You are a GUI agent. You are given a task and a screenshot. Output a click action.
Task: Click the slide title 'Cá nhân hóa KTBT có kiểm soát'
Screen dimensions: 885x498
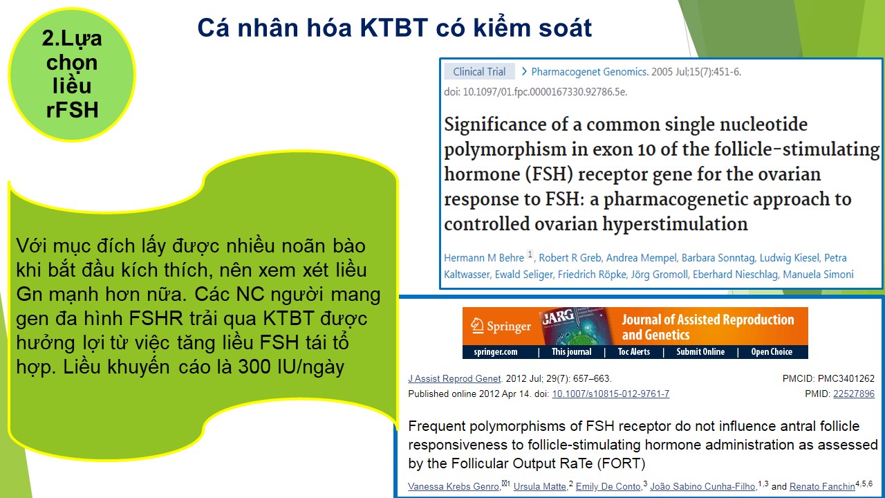(x=394, y=28)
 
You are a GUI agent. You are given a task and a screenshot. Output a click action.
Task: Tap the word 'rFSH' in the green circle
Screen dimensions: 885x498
(x=72, y=110)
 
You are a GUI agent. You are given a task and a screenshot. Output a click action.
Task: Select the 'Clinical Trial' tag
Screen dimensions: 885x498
(x=479, y=71)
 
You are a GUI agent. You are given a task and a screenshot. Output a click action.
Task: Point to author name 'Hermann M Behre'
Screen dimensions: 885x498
(x=484, y=258)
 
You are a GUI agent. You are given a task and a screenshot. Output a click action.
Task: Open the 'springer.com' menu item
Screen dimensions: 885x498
(x=496, y=352)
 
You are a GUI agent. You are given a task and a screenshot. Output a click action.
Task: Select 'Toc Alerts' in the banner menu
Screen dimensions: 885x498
(x=634, y=352)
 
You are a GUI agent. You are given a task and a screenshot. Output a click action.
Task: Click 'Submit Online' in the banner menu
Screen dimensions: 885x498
(x=700, y=352)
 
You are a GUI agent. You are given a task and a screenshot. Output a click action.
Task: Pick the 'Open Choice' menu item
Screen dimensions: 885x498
(x=772, y=352)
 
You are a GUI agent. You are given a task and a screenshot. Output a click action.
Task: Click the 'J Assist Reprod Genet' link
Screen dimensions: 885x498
(x=454, y=378)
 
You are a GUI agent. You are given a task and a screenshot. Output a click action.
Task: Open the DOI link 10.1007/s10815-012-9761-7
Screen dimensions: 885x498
(x=611, y=394)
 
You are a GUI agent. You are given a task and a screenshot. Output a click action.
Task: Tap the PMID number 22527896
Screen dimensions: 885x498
(x=854, y=394)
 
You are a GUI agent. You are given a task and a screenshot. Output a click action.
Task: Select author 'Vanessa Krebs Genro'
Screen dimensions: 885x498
(x=454, y=486)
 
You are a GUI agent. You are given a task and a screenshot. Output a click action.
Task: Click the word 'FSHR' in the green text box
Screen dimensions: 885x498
(x=156, y=319)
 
